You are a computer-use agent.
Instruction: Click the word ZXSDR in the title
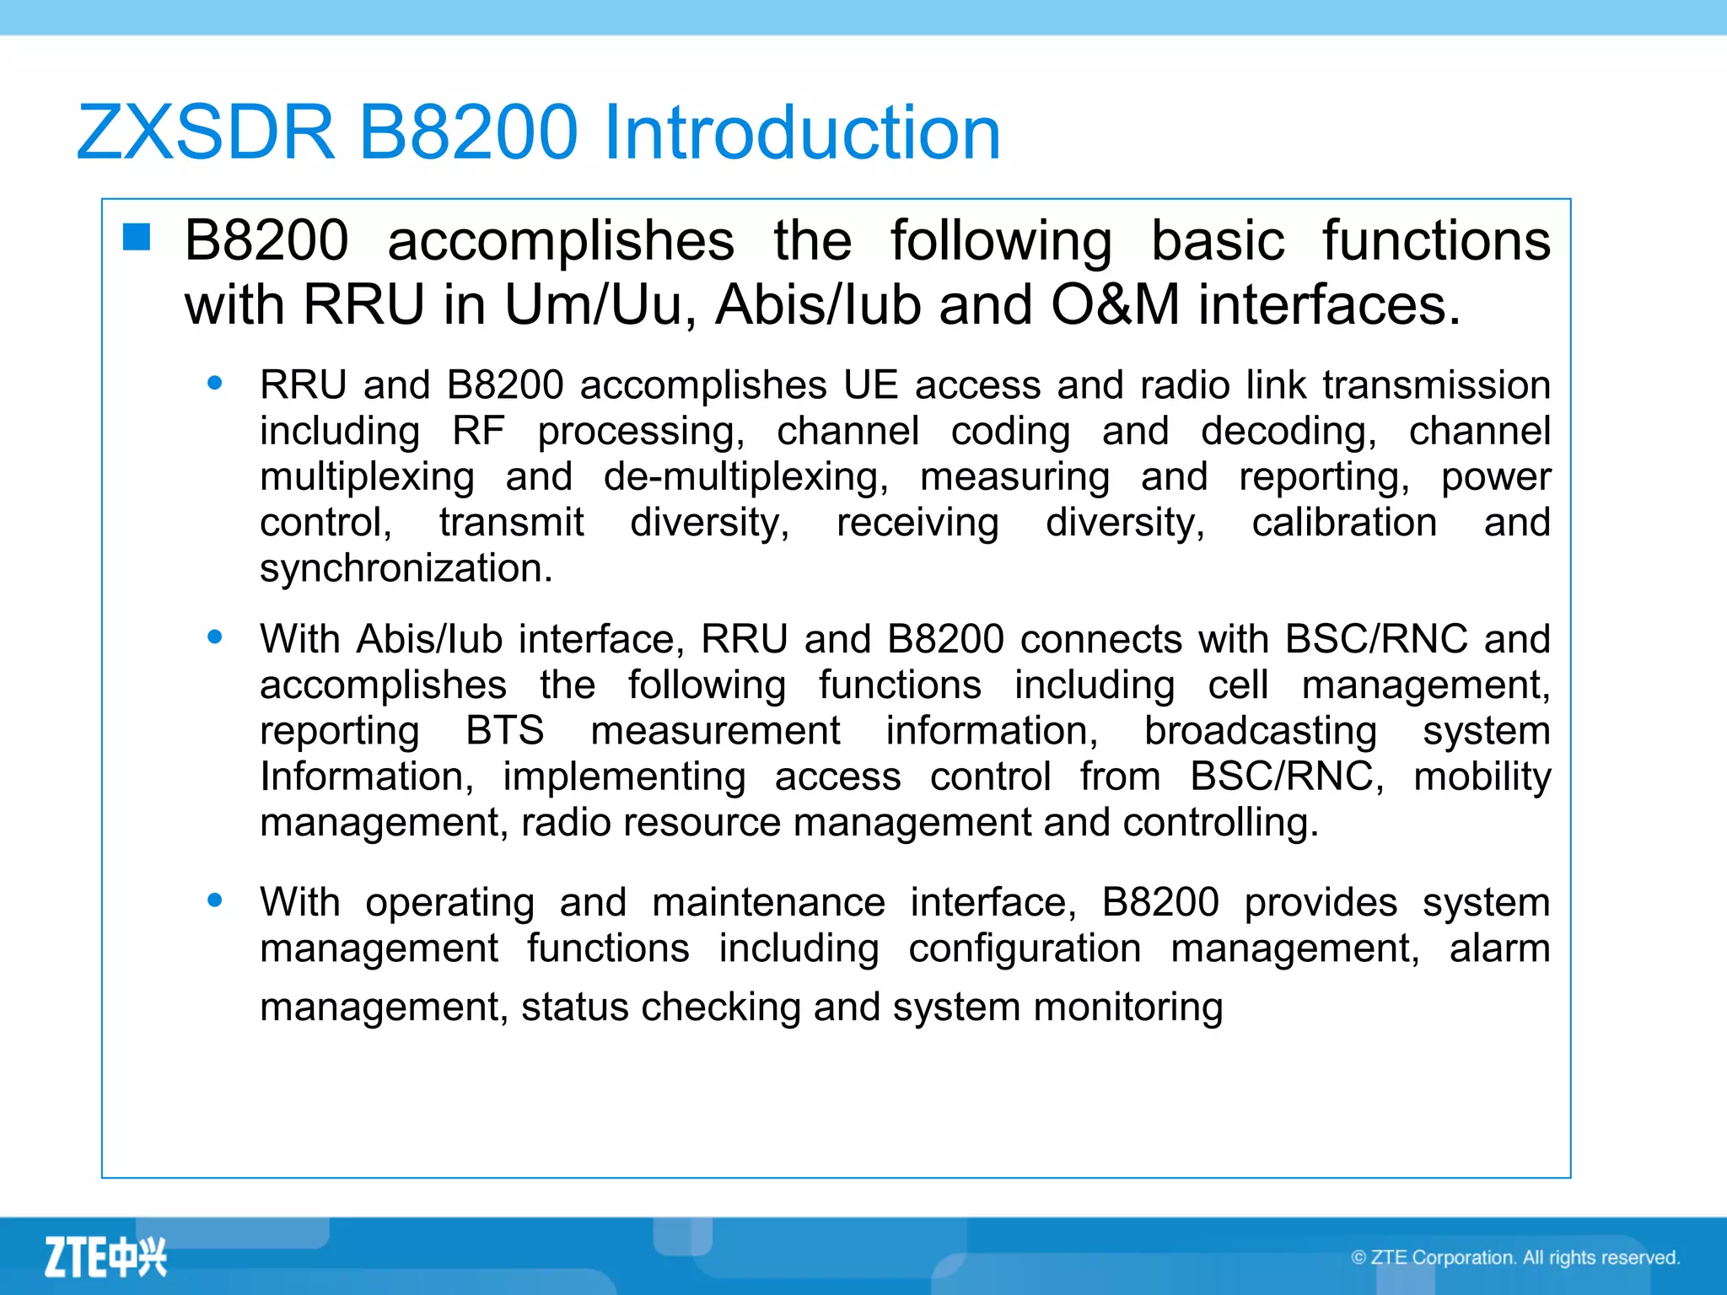pyautogui.click(x=206, y=132)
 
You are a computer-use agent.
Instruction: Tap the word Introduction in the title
pyautogui.click(x=802, y=132)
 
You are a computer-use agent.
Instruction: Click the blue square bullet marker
pyautogui.click(x=137, y=238)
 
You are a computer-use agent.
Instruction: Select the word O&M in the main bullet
pyautogui.click(x=1115, y=304)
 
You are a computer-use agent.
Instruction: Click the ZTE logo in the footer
pyautogui.click(x=105, y=1257)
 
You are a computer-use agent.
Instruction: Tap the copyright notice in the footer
pyautogui.click(x=1515, y=1257)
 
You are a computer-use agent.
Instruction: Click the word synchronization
pyautogui.click(x=406, y=568)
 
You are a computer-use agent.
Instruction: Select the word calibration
pyautogui.click(x=1344, y=523)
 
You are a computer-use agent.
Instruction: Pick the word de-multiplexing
pyautogui.click(x=745, y=477)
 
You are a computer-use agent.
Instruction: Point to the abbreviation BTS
pyautogui.click(x=505, y=730)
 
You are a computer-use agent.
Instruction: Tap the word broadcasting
pyautogui.click(x=1260, y=730)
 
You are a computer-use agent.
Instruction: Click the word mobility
pyautogui.click(x=1482, y=776)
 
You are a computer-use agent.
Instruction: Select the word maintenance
pyautogui.click(x=768, y=902)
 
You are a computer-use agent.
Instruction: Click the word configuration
pyautogui.click(x=1025, y=948)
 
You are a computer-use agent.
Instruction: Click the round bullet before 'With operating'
pyautogui.click(x=215, y=900)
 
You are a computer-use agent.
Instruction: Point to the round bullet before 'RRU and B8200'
pyautogui.click(x=215, y=384)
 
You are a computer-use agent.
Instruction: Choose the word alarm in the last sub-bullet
pyautogui.click(x=1499, y=948)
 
